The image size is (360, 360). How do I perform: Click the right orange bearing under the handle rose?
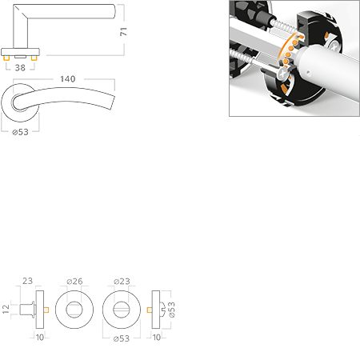pyautogui.click(x=35, y=58)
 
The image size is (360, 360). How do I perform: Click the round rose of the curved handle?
pyautogui.click(x=22, y=104)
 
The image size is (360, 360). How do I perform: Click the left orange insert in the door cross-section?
pyautogui.click(x=48, y=308)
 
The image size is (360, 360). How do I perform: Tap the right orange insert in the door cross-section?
pyautogui.click(x=149, y=308)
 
